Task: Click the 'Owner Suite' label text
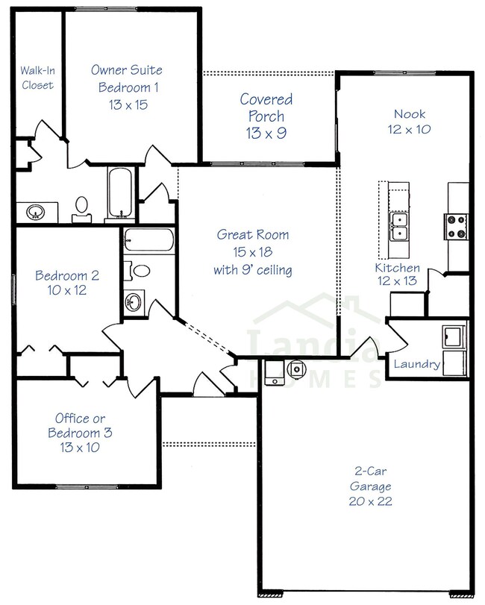coord(126,70)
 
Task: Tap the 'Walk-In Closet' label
coord(37,78)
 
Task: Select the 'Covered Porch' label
coord(266,107)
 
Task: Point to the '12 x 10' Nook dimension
coord(410,129)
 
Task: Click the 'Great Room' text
coord(253,235)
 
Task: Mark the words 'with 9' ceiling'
coord(253,269)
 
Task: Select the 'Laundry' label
coord(416,365)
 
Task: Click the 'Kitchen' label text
coord(397,268)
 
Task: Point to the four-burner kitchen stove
coord(455,225)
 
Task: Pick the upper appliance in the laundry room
coord(453,336)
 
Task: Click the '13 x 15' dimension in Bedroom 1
coord(126,104)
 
